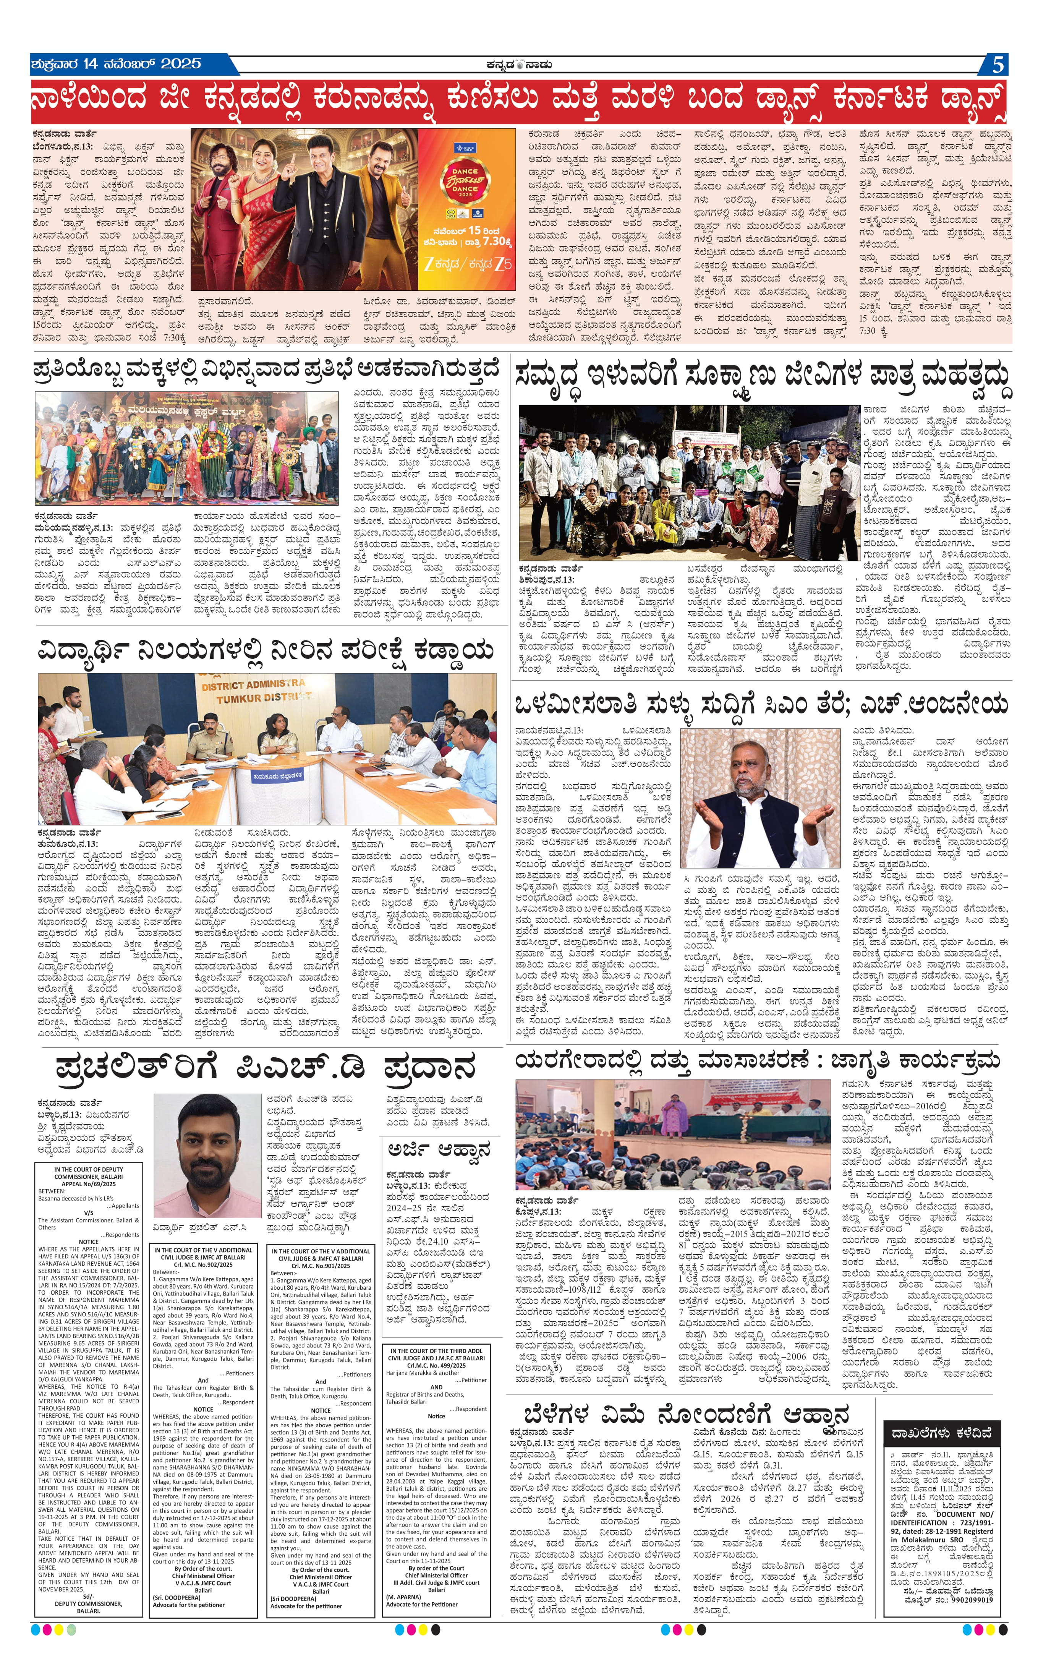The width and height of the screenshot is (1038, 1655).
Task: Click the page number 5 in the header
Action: pyautogui.click(x=998, y=65)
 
